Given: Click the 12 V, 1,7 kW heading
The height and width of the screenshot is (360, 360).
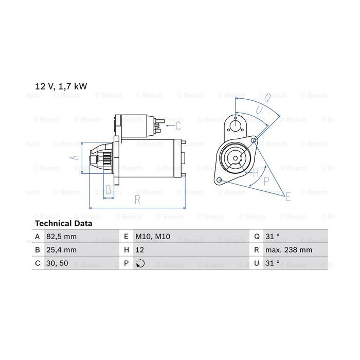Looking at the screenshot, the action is (x=61, y=86).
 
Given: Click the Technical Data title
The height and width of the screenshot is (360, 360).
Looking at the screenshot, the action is (x=64, y=223).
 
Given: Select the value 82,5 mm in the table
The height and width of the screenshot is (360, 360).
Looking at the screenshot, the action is (x=61, y=237).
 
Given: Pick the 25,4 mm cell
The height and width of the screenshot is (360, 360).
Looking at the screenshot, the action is (x=61, y=250).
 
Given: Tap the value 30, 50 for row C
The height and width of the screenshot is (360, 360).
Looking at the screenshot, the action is (x=57, y=263).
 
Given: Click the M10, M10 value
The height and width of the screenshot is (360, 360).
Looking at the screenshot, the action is (x=153, y=237).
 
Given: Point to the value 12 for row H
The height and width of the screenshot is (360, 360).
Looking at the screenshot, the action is (x=139, y=250).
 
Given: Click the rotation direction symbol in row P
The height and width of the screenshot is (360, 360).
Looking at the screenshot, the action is (x=140, y=263).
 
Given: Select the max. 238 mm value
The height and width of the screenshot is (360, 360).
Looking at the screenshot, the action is (x=289, y=250).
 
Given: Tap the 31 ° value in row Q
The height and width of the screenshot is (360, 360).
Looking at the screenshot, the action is (x=273, y=236).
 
